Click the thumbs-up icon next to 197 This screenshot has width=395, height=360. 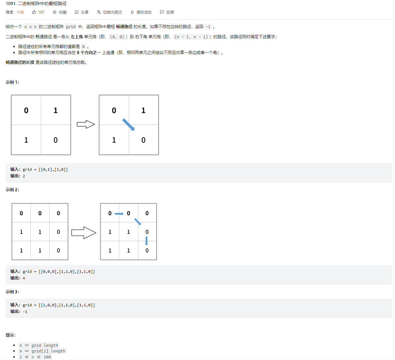point(34,12)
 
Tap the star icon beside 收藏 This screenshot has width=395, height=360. point(55,12)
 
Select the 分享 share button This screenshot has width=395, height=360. point(81,12)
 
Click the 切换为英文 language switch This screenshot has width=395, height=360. point(110,12)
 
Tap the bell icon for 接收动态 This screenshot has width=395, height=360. point(132,12)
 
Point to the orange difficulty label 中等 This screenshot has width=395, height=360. point(20,12)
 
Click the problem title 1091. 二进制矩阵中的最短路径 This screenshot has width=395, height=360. point(36,3)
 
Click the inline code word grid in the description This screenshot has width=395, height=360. point(71,27)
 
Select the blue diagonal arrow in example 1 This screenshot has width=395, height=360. point(129,125)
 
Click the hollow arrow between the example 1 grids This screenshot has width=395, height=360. point(86,124)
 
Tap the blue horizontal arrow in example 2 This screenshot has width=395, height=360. point(119,214)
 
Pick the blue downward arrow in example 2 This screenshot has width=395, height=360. point(146,241)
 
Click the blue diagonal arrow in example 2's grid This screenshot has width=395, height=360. point(138,222)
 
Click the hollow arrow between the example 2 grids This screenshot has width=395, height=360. point(84,233)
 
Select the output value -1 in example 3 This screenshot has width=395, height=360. point(25,312)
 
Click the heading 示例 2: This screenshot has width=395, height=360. point(12,190)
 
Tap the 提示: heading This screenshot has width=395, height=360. point(11,335)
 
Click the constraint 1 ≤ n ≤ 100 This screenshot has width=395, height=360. point(35,357)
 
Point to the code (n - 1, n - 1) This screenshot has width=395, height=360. point(191,37)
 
